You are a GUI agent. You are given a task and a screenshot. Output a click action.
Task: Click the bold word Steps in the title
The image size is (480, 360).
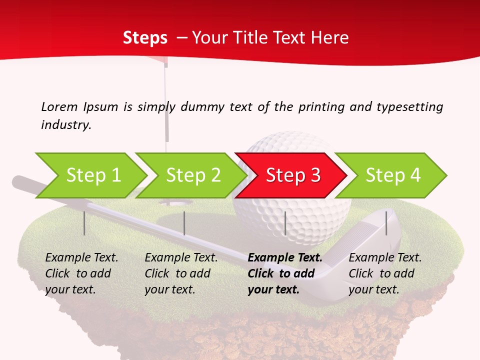145,37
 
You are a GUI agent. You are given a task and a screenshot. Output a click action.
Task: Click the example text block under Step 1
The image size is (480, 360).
81,273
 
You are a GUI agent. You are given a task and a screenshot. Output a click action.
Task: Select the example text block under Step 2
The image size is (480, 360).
181,273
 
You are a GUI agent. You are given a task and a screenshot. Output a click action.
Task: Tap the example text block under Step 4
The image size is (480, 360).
385,273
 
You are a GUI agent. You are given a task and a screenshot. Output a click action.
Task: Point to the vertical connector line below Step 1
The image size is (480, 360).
84,223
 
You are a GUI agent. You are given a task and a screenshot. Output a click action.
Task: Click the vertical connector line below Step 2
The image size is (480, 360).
184,223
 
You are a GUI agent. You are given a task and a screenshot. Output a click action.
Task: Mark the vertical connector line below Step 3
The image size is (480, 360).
285,223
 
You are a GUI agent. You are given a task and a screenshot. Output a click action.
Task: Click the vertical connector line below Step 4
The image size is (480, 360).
386,223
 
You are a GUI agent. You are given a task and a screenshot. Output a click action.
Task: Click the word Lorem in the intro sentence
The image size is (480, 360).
59,106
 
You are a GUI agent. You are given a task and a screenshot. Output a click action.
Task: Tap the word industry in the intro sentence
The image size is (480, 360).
65,124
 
